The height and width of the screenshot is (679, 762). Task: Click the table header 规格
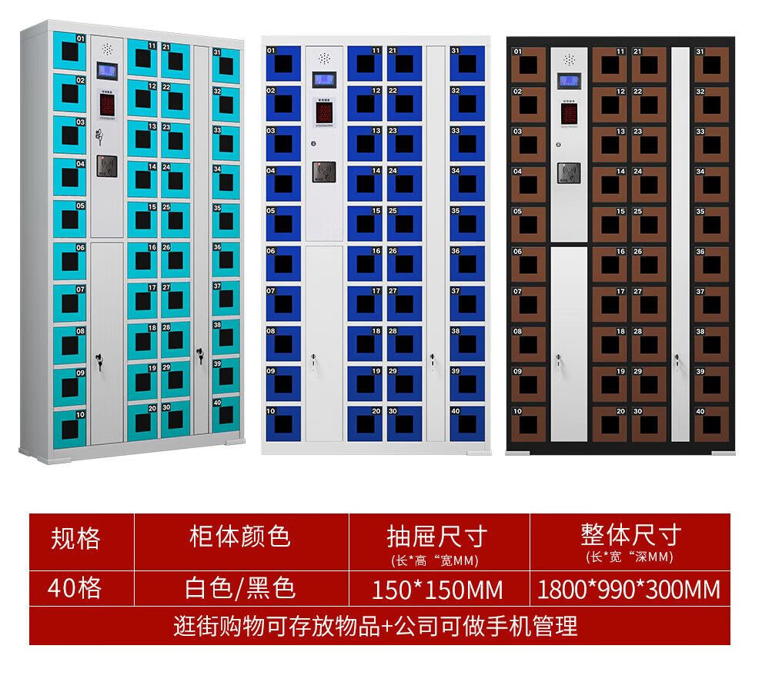(x=75, y=537)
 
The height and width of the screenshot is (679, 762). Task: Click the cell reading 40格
(x=75, y=589)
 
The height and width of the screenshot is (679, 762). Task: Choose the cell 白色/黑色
(x=240, y=589)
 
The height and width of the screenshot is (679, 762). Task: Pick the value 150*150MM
(x=437, y=590)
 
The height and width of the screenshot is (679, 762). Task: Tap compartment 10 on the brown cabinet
(x=528, y=421)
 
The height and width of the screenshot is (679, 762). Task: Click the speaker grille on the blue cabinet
(x=324, y=58)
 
